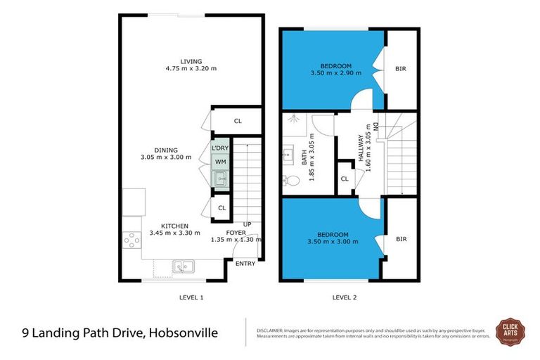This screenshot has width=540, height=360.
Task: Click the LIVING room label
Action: point(171,60)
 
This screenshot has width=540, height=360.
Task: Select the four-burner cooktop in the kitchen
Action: point(131,242)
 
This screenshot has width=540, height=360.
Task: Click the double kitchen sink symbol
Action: point(184,266)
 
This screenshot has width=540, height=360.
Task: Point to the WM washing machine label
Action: point(220,163)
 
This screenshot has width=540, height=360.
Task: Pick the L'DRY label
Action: point(220,148)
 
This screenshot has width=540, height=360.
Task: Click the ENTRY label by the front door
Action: point(245,264)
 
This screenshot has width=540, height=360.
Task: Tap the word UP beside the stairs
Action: point(247,224)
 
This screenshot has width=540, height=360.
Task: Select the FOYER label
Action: point(235,232)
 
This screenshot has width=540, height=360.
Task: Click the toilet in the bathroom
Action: point(293,181)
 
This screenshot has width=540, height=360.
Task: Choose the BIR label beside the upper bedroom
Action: point(401,69)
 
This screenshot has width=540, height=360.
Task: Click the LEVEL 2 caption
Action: point(345,297)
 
